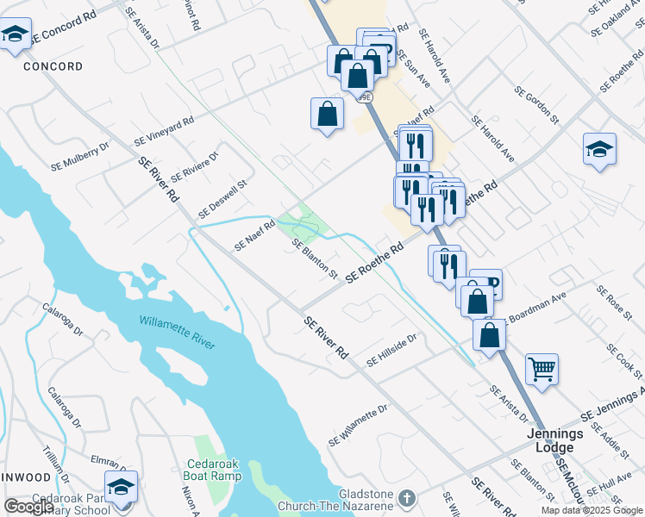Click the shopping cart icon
point(542,369)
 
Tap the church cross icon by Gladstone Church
point(407,498)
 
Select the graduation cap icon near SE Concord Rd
point(15,35)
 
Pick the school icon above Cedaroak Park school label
point(121,486)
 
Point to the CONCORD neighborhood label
point(53,66)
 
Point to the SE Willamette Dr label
point(357,425)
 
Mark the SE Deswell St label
point(222,198)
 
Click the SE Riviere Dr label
point(195,166)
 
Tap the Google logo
point(28,507)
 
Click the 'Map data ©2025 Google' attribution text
point(591,510)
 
